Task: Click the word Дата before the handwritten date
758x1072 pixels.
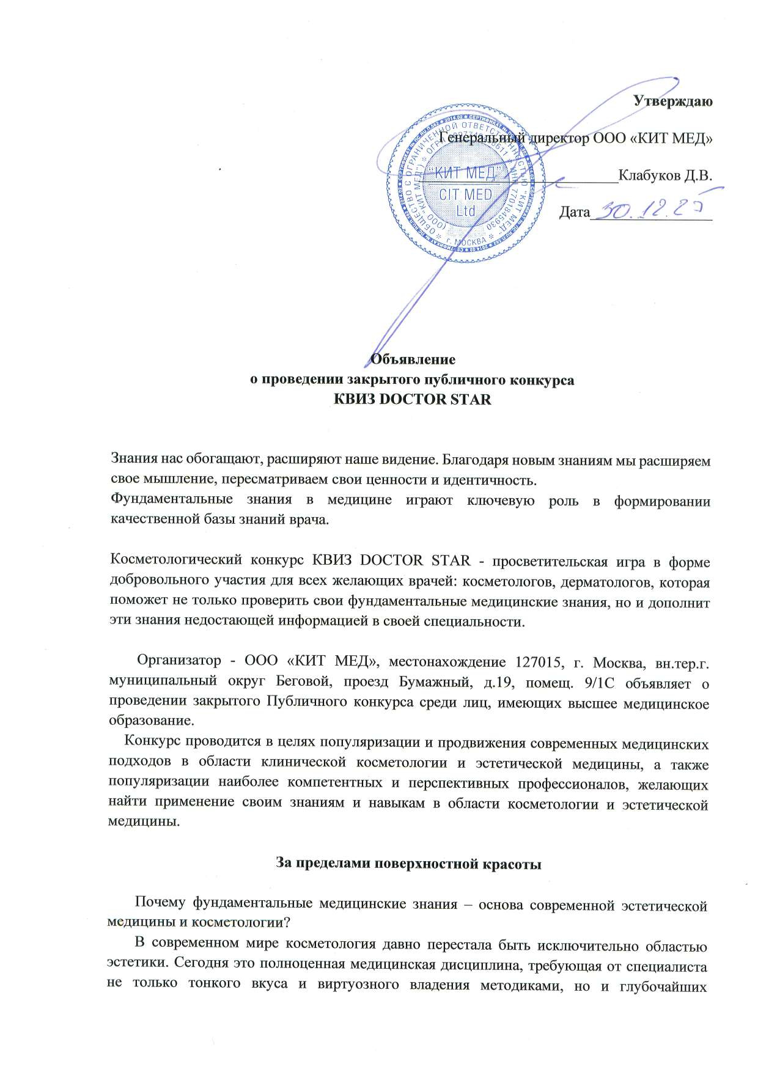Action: pos(575,212)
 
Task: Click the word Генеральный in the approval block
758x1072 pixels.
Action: pos(481,139)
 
